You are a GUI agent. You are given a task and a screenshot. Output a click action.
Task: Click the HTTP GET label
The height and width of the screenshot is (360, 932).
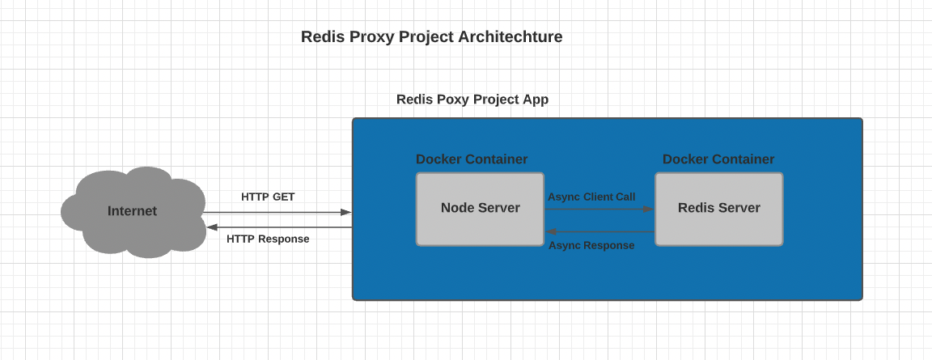tap(268, 197)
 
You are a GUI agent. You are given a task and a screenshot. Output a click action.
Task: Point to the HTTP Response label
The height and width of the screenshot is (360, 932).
tap(268, 239)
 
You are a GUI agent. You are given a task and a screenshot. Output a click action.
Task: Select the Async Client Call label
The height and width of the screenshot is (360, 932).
tap(591, 197)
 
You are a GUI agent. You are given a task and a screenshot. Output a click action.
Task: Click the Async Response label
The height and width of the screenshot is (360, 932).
tap(591, 245)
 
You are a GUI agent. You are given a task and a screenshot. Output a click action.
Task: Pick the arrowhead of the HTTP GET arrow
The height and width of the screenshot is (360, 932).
tap(346, 212)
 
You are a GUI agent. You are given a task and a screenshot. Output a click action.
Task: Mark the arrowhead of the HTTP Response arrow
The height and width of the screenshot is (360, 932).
tap(210, 227)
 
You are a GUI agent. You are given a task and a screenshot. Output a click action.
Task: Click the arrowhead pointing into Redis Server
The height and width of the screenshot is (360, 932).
tap(649, 209)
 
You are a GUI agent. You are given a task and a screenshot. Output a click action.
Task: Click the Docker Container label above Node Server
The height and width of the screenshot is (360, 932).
tap(472, 159)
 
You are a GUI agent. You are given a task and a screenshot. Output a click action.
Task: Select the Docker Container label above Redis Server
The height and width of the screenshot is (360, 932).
tap(718, 159)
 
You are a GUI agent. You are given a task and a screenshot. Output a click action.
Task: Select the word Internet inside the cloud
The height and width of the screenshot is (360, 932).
tap(132, 211)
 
